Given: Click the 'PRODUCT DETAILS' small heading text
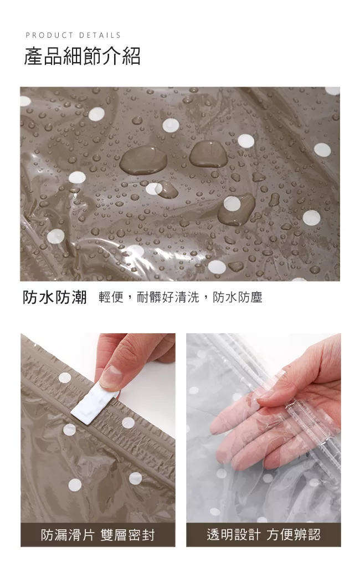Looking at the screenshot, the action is [x=73, y=35].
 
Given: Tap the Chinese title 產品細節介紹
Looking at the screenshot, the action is [x=83, y=56].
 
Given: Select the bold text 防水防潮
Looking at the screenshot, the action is [x=55, y=297].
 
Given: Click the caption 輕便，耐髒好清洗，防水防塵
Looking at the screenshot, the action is [x=181, y=297].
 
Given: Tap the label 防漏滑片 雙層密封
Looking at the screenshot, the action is [x=97, y=535].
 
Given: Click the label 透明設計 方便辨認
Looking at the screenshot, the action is [x=264, y=535].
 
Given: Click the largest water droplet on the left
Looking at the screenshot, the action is [x=143, y=160].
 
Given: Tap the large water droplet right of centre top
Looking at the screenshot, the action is [x=208, y=154].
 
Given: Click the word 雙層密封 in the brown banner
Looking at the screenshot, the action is [x=127, y=535].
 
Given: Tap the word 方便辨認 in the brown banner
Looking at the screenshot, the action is [x=294, y=535].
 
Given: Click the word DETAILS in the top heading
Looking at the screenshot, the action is [x=100, y=35].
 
